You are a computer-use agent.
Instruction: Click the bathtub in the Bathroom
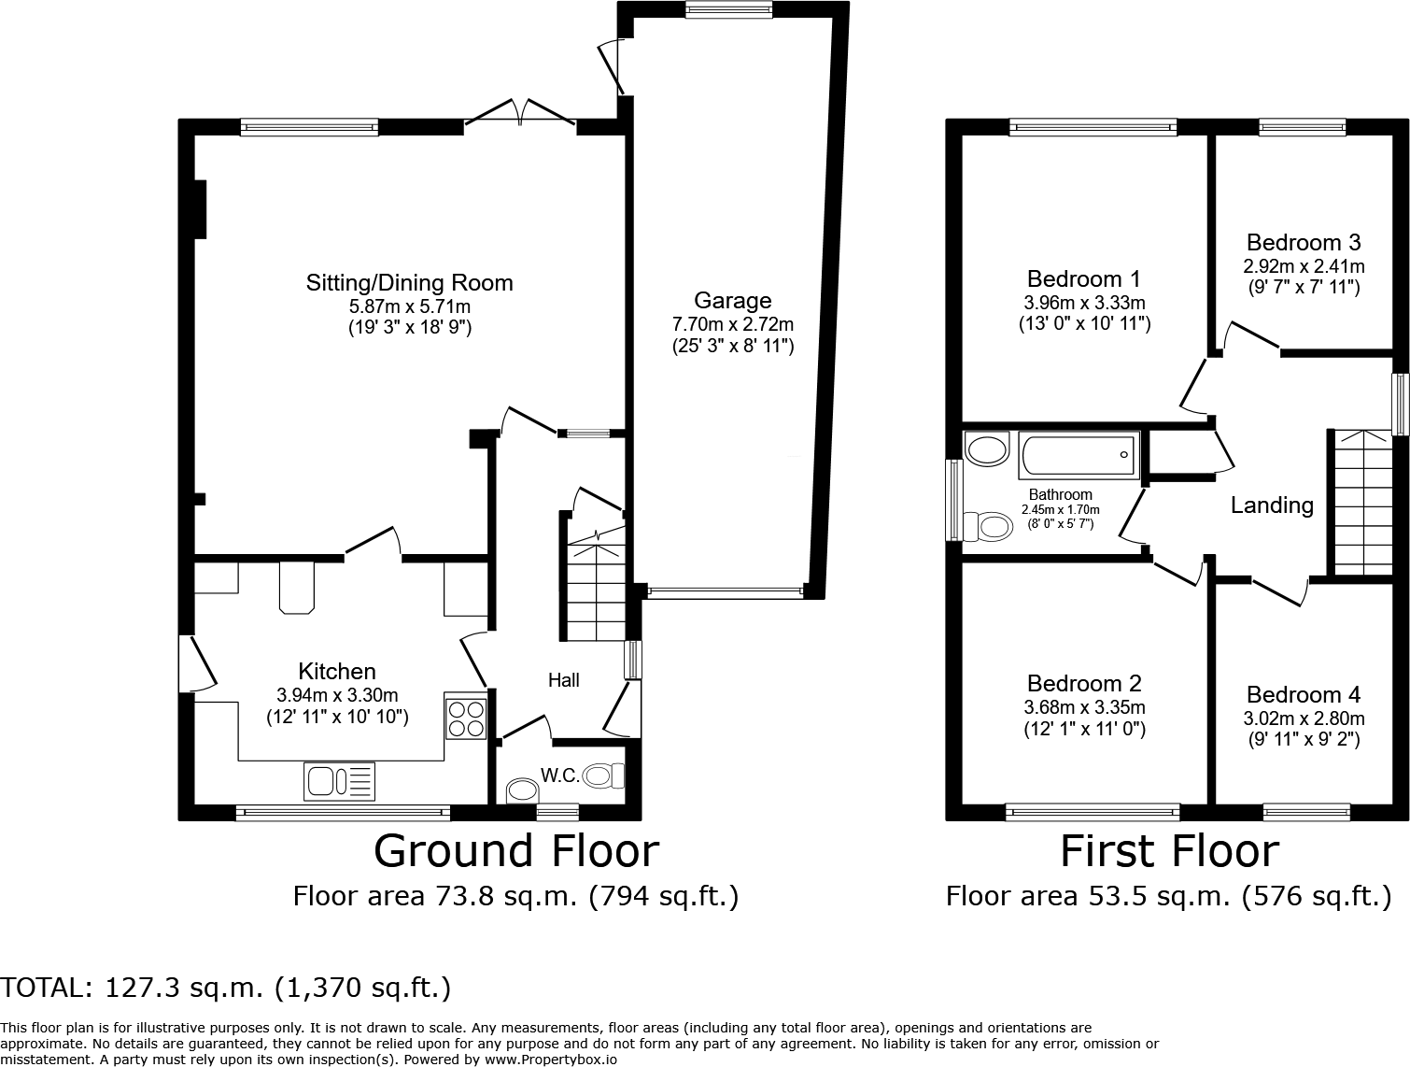pos(1079,456)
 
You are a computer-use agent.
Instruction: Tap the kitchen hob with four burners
pos(466,718)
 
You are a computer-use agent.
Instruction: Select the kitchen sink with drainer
pos(339,781)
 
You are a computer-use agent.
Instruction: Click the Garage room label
pos(732,300)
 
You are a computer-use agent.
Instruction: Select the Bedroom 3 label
pos(1303,242)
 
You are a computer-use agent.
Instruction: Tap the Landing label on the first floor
pos(1271,505)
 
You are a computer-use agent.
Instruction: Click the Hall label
pos(563,680)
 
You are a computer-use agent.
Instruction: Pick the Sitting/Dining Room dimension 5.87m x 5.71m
pos(409,306)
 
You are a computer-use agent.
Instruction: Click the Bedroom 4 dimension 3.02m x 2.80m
pos(1303,718)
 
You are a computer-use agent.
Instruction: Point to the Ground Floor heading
pos(515,851)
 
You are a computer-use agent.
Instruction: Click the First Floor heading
pos(1168,851)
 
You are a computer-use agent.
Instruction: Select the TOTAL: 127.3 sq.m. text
pos(226,987)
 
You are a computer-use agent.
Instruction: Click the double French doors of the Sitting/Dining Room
pos(520,112)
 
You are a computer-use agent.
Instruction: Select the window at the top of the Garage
pos(728,10)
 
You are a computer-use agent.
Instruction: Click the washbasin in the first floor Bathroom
pos(986,449)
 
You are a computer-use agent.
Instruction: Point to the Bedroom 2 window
pos(1093,812)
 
